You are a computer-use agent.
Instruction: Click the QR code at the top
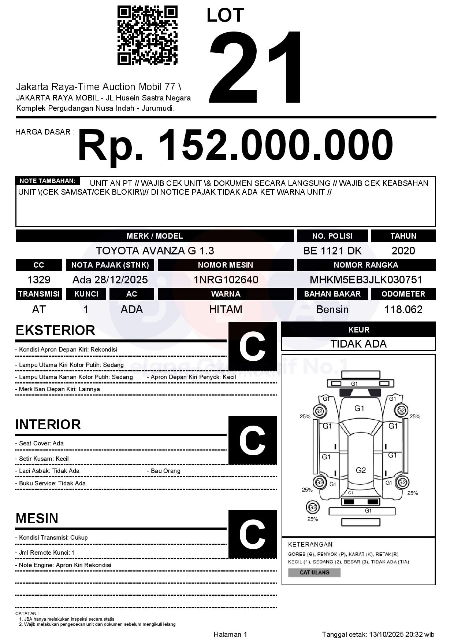click(x=147, y=36)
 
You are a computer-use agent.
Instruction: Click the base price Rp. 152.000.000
click(x=235, y=146)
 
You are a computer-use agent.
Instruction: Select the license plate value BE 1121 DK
click(x=332, y=251)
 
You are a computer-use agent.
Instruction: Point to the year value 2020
click(x=403, y=251)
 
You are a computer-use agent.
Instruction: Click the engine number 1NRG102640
click(x=226, y=280)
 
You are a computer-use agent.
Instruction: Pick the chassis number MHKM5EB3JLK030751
click(x=366, y=280)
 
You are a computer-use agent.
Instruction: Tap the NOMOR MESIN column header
click(x=226, y=265)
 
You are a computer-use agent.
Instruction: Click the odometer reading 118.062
click(x=403, y=309)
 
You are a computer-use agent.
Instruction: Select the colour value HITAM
click(x=226, y=309)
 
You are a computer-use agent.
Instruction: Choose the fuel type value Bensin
click(x=332, y=309)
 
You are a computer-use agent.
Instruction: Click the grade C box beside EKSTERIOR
click(x=252, y=346)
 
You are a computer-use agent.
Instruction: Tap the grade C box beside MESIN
click(x=252, y=534)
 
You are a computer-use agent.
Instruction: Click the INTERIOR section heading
click(x=48, y=425)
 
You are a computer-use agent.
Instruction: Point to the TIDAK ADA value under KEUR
click(x=358, y=344)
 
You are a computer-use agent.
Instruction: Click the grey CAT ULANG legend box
click(x=314, y=572)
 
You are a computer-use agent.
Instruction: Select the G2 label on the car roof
click(x=361, y=470)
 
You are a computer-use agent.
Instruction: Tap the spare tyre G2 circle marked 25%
click(x=312, y=507)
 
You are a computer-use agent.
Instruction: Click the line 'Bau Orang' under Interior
click(x=165, y=471)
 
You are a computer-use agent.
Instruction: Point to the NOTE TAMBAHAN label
click(x=48, y=181)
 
